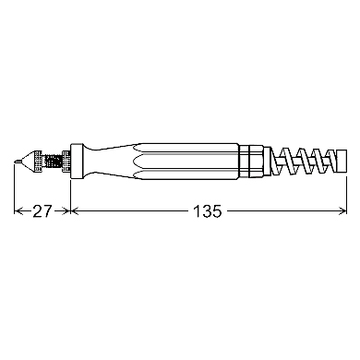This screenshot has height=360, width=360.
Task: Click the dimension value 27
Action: (x=42, y=211)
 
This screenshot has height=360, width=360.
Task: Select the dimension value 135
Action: (x=207, y=211)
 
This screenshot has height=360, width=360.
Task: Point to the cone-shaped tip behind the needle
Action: (x=27, y=161)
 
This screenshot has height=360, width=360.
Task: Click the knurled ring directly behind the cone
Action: (x=38, y=161)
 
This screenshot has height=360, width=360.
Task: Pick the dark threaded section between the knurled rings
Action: (x=53, y=161)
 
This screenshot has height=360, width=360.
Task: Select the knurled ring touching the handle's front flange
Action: (x=66, y=161)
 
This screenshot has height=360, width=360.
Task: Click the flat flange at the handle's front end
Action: (x=77, y=161)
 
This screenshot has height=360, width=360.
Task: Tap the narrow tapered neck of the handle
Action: (x=109, y=161)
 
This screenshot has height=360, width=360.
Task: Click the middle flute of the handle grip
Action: (x=186, y=161)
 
